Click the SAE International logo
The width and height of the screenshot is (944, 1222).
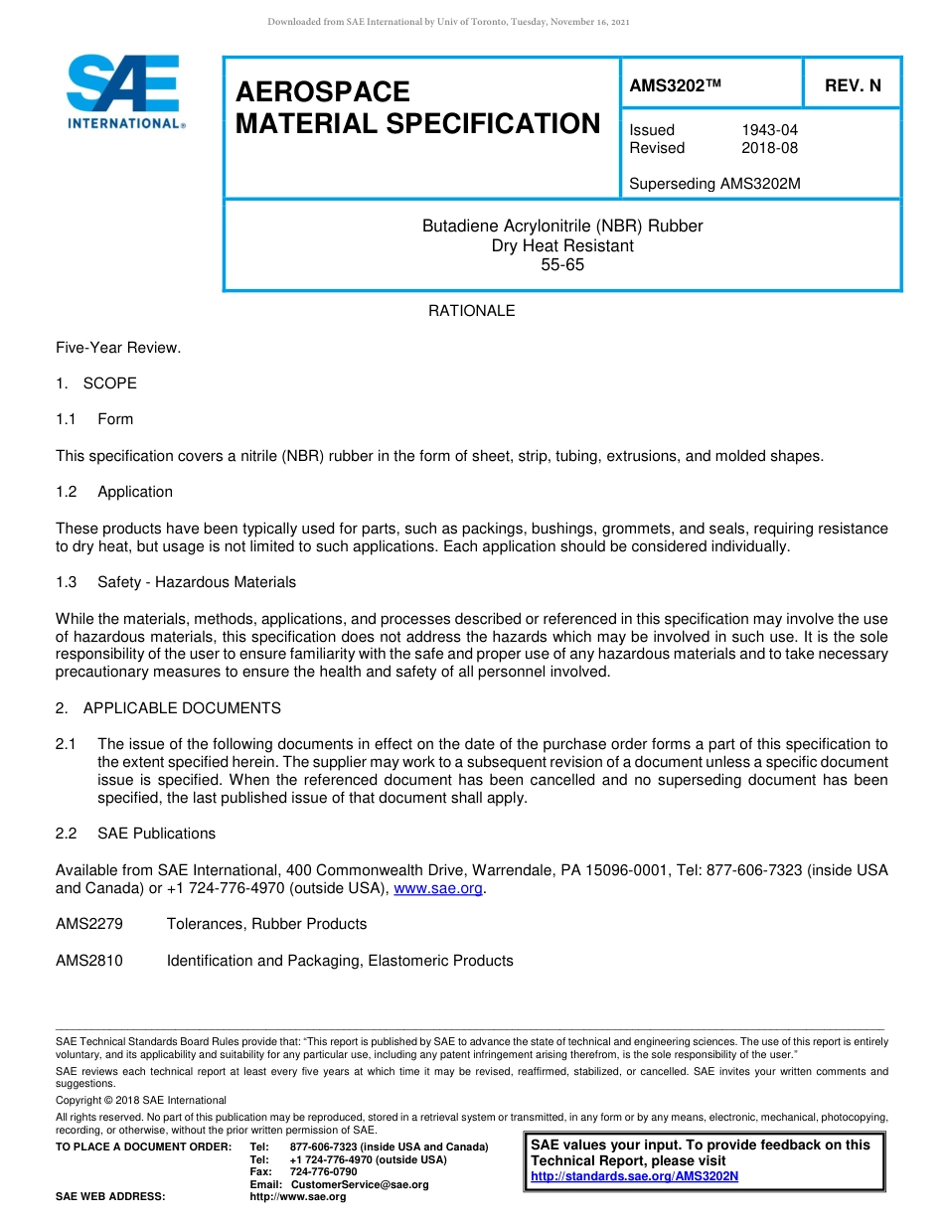point(125,92)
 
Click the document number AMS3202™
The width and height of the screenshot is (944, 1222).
point(675,86)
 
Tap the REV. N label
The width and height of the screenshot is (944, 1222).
point(853,86)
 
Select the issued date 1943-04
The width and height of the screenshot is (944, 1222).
point(769,130)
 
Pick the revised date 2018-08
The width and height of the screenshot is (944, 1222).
point(769,148)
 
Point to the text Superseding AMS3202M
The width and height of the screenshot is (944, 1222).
point(714,184)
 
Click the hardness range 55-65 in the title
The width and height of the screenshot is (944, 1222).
point(562,265)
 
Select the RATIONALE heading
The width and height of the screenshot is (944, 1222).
point(471,311)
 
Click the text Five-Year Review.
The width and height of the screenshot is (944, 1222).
point(118,348)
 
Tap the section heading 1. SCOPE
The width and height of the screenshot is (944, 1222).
point(96,383)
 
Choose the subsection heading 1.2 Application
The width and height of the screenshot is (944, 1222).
point(114,492)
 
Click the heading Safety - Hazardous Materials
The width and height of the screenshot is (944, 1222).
point(197,582)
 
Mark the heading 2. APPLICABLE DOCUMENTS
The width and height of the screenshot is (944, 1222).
point(168,708)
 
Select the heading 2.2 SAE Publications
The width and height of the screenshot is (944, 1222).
point(136,834)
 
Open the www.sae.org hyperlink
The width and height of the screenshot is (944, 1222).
point(438,889)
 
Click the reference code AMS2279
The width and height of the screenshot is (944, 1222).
point(89,924)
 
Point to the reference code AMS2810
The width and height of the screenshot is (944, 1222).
point(89,961)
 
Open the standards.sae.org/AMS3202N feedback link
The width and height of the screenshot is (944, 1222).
point(635,1176)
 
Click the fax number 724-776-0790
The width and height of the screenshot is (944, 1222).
point(323,1172)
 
